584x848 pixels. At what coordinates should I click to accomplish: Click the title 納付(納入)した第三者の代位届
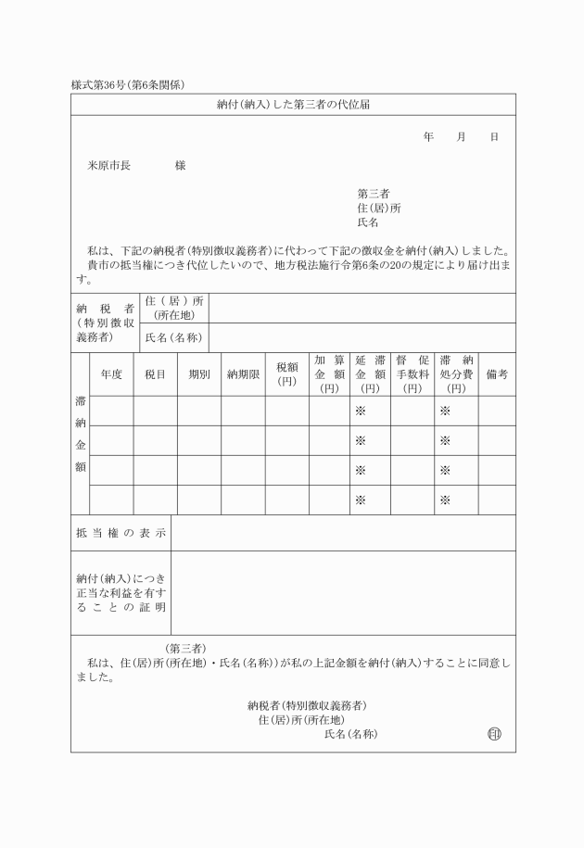point(293,105)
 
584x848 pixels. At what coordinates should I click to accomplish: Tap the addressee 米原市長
point(108,165)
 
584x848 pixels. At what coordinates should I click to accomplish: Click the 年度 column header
point(111,374)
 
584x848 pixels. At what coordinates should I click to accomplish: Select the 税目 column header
point(155,374)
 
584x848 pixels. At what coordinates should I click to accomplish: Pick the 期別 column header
point(199,374)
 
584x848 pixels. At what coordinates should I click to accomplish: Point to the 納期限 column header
point(243,374)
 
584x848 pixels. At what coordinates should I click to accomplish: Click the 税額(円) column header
point(286,374)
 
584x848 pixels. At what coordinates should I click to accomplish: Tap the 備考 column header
point(497,374)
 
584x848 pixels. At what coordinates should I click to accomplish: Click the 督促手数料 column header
point(412,374)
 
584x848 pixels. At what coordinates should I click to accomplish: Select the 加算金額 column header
point(329,374)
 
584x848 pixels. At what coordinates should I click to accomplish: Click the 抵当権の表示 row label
point(121,533)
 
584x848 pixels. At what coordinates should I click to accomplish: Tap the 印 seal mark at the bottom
point(493,734)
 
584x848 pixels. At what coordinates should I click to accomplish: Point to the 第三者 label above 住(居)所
point(373,194)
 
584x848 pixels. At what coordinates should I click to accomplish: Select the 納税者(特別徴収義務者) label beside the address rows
point(105,323)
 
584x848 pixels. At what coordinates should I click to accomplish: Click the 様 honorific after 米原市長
point(180,165)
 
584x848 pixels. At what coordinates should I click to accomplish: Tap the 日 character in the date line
point(494,137)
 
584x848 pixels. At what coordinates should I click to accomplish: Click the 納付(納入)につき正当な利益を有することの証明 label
point(121,592)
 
